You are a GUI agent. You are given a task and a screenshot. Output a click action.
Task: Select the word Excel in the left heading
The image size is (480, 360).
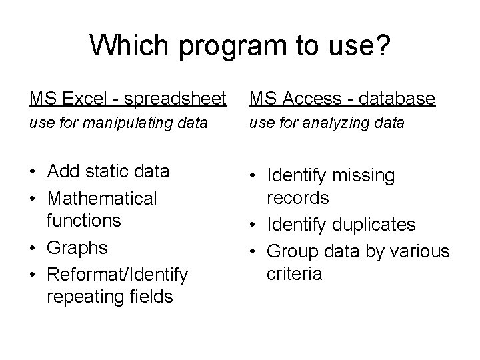click(84, 99)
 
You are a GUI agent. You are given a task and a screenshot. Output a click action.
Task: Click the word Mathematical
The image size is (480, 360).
click(102, 198)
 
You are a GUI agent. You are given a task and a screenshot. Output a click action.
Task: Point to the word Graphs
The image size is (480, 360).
click(77, 248)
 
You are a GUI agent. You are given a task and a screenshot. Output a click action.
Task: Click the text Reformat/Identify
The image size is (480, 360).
click(118, 274)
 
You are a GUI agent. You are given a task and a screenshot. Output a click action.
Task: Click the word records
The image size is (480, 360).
click(298, 198)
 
